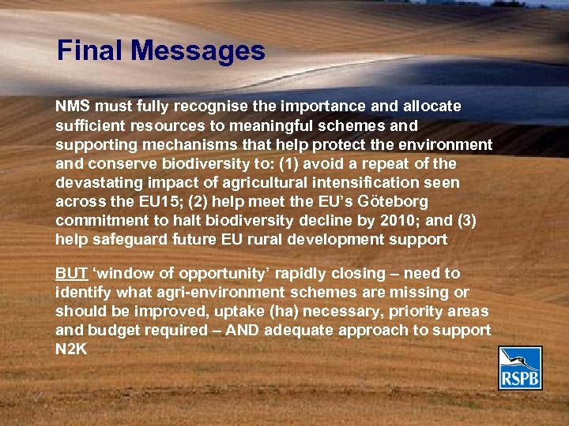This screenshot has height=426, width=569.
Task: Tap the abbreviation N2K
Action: pyautogui.click(x=71, y=349)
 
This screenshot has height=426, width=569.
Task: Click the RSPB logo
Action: pyautogui.click(x=520, y=368)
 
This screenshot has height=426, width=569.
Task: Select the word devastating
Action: pyautogui.click(x=96, y=182)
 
